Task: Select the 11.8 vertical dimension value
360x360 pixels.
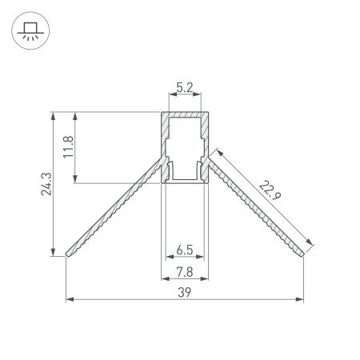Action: [x=70, y=148]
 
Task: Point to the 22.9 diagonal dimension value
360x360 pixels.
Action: [x=270, y=194]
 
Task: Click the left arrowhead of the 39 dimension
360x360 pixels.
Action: [x=69, y=301]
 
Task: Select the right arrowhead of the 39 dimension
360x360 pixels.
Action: [x=302, y=301]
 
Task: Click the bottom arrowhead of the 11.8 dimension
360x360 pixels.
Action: [x=78, y=181]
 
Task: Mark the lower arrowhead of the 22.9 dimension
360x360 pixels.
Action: [x=309, y=242]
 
